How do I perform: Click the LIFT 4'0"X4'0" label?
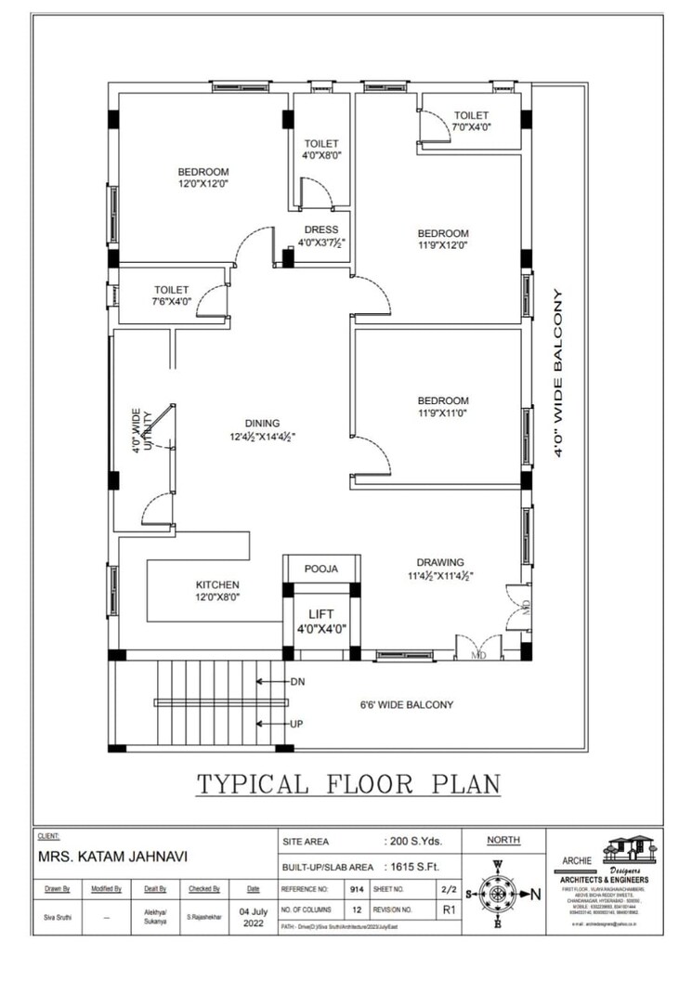coord(320,621)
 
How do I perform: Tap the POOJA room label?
coord(320,569)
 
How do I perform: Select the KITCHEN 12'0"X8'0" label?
coord(217,591)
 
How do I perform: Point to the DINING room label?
coord(263,429)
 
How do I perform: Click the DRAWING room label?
coord(440,569)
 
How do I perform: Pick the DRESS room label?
coord(321,236)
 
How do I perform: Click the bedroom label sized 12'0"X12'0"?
coord(203,177)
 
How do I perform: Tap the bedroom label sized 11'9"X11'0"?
coord(443,408)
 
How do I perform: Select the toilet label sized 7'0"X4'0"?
coord(471,121)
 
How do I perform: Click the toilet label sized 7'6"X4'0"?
coord(172,295)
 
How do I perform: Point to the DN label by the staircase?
coord(297,682)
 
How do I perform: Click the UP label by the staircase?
coord(297,724)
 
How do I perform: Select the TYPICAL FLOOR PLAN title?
coord(347,784)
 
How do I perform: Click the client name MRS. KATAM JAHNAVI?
coord(114,857)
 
